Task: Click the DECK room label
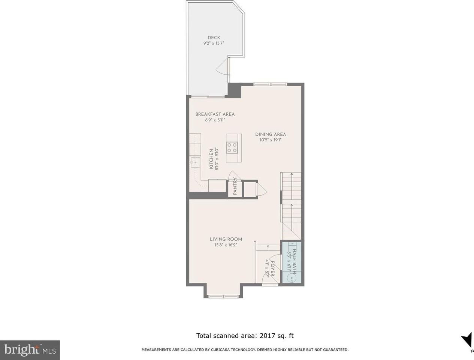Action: tap(214, 37)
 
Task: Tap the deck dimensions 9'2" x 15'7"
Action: tap(214, 43)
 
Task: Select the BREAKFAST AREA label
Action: tap(215, 114)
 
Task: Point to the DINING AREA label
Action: tap(271, 134)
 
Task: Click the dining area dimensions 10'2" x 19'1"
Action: tap(271, 140)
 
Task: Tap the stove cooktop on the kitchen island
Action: tap(232, 147)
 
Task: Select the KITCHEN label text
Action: tap(211, 159)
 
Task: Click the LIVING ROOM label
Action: tap(226, 239)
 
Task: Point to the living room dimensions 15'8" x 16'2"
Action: tap(226, 245)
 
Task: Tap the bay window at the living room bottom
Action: tap(223, 296)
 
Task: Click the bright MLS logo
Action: tap(30, 350)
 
